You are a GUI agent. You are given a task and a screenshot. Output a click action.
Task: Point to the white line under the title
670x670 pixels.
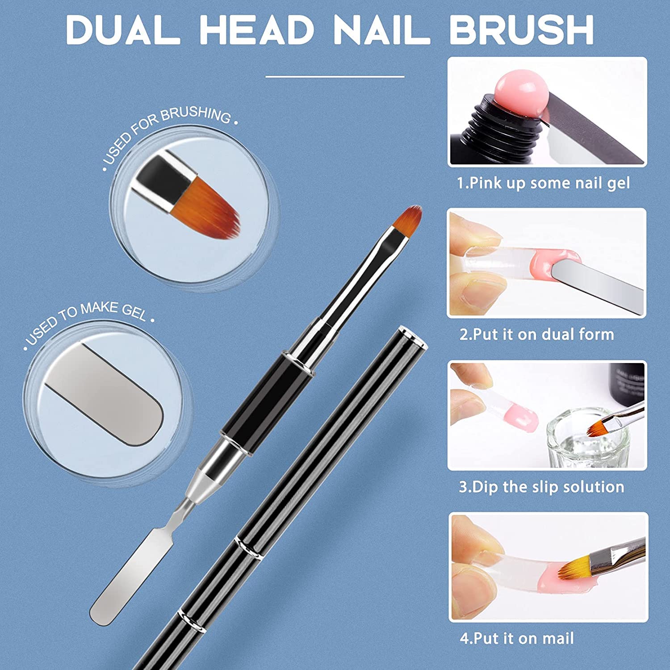(335, 77)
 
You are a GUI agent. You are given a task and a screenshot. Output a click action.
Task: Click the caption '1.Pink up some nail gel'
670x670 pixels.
(543, 183)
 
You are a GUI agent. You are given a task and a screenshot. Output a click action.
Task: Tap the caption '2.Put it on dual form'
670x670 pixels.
(536, 334)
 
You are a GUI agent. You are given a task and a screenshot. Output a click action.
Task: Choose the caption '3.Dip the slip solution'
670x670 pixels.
(541, 486)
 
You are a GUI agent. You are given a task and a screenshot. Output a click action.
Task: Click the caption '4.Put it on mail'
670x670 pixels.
(516, 638)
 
